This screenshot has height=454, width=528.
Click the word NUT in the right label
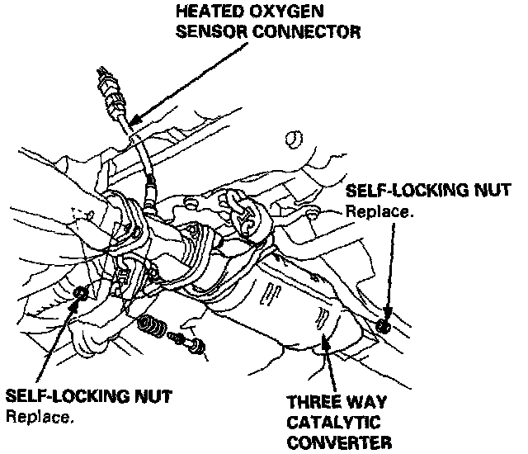coord(481,192)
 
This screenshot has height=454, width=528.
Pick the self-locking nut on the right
coord(382,325)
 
